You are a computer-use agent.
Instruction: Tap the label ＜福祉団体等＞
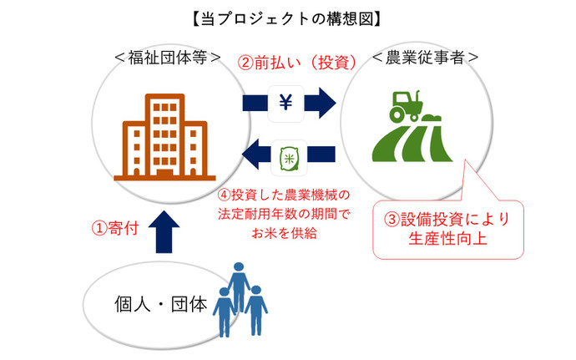pyautogui.click(x=168, y=58)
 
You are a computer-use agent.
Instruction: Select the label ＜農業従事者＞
pyautogui.click(x=425, y=58)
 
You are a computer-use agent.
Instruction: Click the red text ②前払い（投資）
pyautogui.click(x=297, y=63)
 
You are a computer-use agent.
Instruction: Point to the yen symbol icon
pyautogui.click(x=285, y=103)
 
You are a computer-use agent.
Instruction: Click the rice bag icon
pyautogui.click(x=289, y=159)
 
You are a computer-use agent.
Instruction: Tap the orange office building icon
pyautogui.click(x=164, y=137)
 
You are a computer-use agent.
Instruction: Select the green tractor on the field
pyautogui.click(x=406, y=105)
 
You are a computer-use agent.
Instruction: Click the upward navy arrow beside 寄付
pyautogui.click(x=164, y=231)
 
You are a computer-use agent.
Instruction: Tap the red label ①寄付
pyautogui.click(x=115, y=228)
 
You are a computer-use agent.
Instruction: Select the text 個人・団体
pyautogui.click(x=161, y=305)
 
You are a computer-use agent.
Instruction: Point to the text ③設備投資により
pyautogui.click(x=447, y=219)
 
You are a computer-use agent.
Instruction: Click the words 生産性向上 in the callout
pyautogui.click(x=447, y=239)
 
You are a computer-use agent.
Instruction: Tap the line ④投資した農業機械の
pyautogui.click(x=284, y=195)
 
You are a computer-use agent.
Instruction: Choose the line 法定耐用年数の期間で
pyautogui.click(x=284, y=214)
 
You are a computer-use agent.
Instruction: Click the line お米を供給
pyautogui.click(x=284, y=233)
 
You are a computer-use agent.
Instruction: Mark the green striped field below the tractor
pyautogui.click(x=412, y=144)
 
